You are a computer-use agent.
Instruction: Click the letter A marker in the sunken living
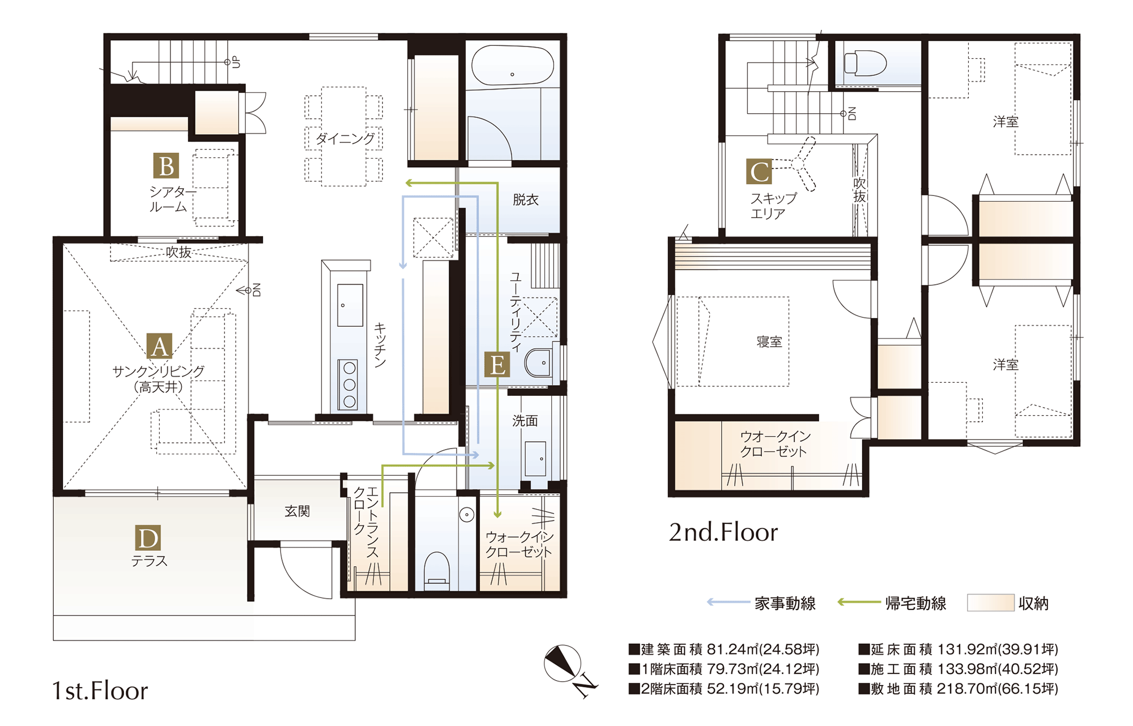coord(160,346)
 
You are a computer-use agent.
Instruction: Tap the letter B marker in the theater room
coord(166,165)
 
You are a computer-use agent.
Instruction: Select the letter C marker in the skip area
coord(759,172)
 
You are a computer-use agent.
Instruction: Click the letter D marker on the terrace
coord(148,538)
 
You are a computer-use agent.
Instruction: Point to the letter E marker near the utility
coord(497,365)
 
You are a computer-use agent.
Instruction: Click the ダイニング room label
coord(344,138)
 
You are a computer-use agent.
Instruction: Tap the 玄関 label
coord(297,511)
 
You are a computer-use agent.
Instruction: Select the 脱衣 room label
coord(525,199)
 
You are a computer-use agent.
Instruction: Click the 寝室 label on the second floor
coord(769,342)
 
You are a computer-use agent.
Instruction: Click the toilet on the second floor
coord(865,63)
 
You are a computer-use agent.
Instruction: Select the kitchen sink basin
coord(350,305)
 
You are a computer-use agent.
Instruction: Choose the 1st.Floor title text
coord(100,691)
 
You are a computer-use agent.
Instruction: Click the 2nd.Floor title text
coord(723,532)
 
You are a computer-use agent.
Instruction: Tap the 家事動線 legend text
coord(785,604)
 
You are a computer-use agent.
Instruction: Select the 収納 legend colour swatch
coord(990,603)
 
